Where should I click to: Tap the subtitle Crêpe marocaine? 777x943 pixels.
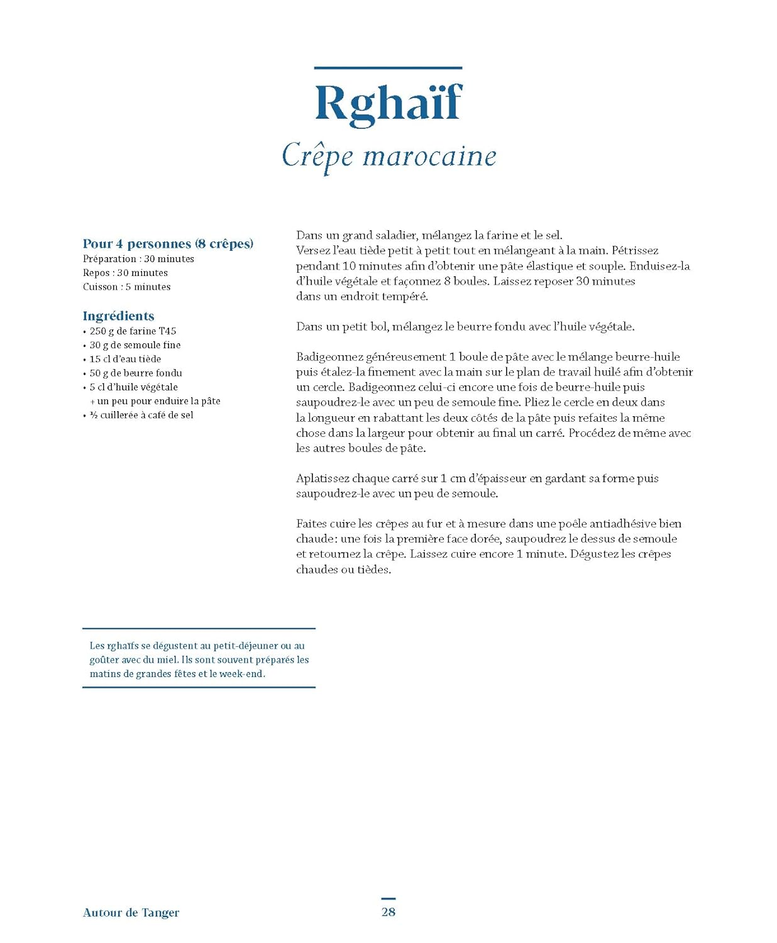coord(389,156)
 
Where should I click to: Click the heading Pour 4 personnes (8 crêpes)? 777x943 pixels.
coord(168,244)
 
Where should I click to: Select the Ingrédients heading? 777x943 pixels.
coord(118,316)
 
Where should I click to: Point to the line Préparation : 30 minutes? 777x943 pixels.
coord(138,259)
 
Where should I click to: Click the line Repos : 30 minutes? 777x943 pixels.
coord(125,273)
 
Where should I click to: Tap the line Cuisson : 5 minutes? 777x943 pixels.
coord(126,287)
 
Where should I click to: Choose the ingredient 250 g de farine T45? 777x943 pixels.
coord(133,331)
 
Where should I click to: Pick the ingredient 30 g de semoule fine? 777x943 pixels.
coord(135,345)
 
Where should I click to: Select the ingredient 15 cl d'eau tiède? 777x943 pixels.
coord(125,359)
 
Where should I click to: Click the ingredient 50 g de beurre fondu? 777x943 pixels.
coord(136,373)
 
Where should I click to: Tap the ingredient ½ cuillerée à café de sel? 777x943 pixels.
coord(141,415)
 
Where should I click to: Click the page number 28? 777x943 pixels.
coord(389,912)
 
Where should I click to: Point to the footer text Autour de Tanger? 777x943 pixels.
coord(131,913)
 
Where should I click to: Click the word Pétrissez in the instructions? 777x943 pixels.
coord(635,251)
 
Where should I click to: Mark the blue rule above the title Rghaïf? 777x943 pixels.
coord(388,68)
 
